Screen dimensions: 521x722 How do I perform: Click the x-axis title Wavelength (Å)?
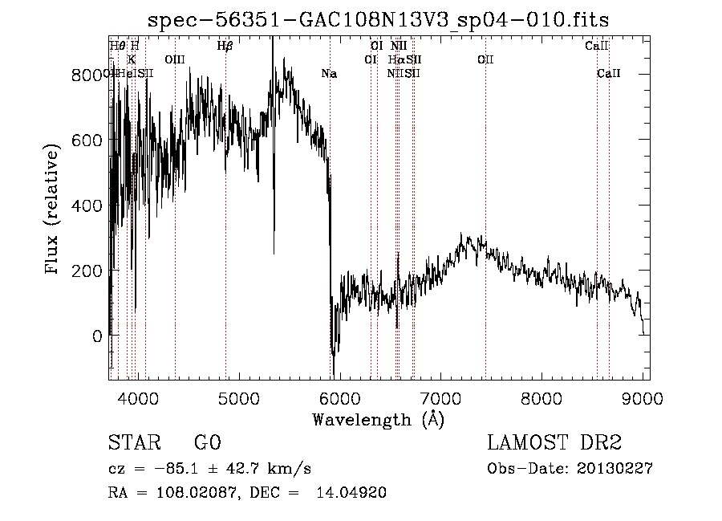(x=378, y=419)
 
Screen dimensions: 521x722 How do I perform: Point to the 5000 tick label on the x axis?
(x=237, y=397)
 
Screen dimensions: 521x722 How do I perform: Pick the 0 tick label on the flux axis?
(x=97, y=336)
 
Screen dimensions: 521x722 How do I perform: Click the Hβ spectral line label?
(x=225, y=46)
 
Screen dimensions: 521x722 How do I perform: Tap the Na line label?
(x=329, y=74)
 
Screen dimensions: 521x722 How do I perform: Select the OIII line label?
(x=174, y=59)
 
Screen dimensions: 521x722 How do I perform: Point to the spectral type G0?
(x=207, y=443)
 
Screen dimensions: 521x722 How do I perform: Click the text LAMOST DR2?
(x=554, y=443)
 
